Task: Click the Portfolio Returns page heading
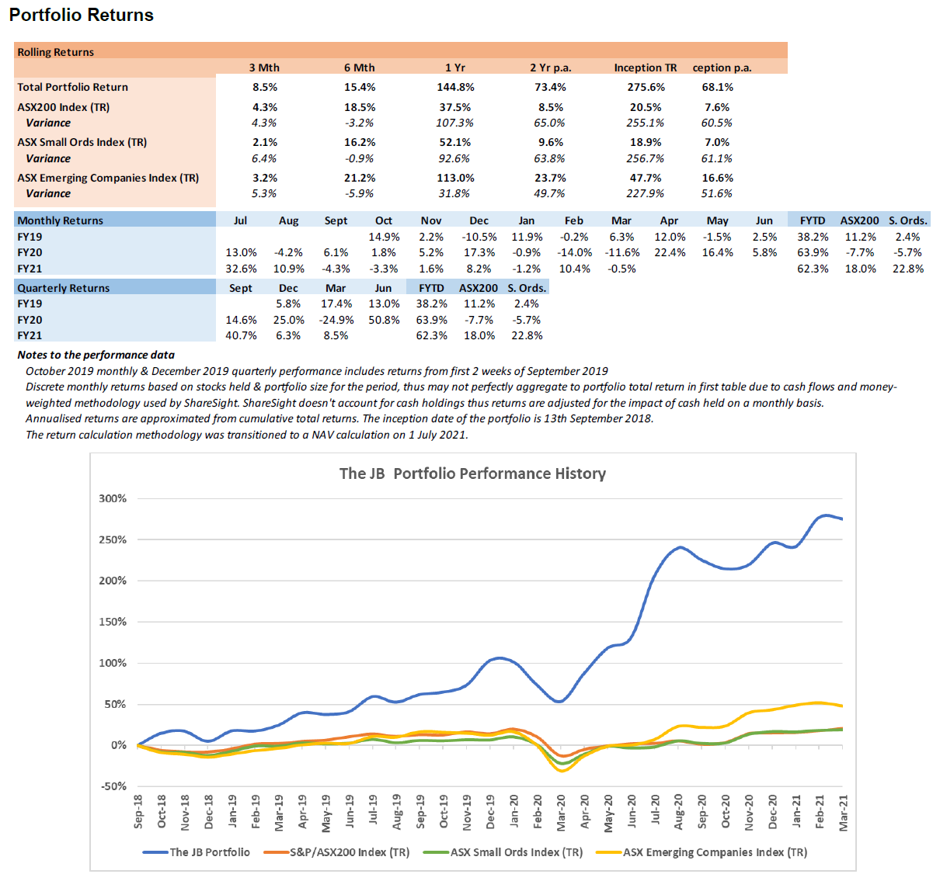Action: pos(82,15)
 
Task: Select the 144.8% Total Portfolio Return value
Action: pos(454,88)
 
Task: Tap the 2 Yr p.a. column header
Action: pos(550,68)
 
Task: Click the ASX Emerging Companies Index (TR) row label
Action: pos(108,178)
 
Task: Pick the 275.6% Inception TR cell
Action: pos(646,88)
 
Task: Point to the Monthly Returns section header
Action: pos(61,220)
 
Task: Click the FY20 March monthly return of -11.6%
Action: pos(621,252)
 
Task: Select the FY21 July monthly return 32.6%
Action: pos(241,269)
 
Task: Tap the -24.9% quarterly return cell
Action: pos(336,320)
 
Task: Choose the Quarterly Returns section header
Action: pos(64,288)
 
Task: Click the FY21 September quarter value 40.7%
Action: pos(241,335)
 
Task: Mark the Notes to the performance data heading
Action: pos(96,355)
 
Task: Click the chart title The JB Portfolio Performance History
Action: pos(472,473)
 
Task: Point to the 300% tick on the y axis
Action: pos(113,498)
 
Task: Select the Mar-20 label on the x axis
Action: pos(561,812)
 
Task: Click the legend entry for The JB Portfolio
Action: pos(209,852)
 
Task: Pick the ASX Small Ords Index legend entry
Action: pos(516,852)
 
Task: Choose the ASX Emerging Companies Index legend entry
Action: pos(715,852)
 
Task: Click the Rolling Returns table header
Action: pos(56,52)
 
